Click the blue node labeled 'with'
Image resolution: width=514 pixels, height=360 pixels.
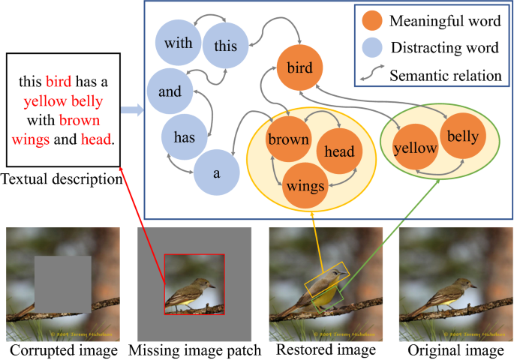pos(179,43)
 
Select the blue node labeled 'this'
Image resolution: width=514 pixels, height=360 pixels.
pos(225,46)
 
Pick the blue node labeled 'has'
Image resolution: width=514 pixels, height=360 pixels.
pos(185,136)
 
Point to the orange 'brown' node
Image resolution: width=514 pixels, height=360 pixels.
pos(288,139)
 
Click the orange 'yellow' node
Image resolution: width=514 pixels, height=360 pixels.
pos(415,148)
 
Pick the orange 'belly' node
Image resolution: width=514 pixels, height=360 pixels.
pos(462,136)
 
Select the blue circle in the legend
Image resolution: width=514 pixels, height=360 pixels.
pos(374,49)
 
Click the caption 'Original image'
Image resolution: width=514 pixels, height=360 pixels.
pos(452,350)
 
